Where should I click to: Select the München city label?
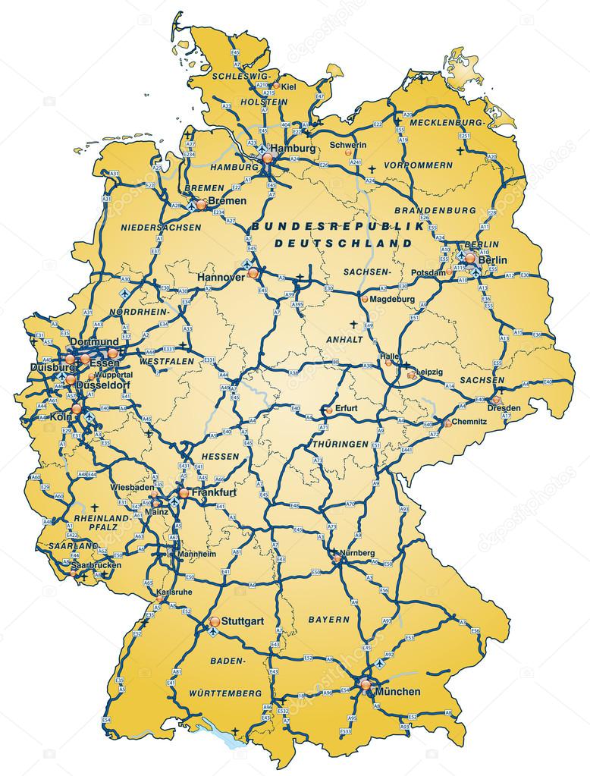(398, 691)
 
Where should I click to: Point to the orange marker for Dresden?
(497, 400)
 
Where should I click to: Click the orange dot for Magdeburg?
(365, 299)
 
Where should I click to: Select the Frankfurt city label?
(215, 492)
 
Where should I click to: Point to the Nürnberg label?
(357, 553)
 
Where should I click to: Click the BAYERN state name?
(328, 620)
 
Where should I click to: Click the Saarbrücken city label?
(96, 566)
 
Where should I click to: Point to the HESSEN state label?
(220, 456)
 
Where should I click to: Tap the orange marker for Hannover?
(253, 271)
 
